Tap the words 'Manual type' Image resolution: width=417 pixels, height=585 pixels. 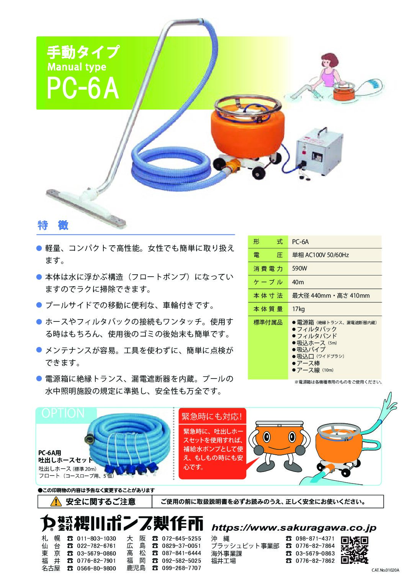[77, 67]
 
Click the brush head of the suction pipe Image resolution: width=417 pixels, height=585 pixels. [86, 207]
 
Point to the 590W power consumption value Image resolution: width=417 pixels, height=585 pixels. [299, 268]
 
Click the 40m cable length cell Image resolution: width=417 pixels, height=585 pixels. [298, 282]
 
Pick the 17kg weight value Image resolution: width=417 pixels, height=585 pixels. [298, 309]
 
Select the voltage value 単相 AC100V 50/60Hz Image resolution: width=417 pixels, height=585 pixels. [321, 255]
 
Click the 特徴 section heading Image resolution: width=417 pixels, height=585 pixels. [53, 225]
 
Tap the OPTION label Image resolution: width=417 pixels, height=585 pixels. [63, 413]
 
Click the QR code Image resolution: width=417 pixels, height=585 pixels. [355, 550]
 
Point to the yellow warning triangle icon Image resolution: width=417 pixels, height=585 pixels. [56, 501]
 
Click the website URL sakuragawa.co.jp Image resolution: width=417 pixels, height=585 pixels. [294, 528]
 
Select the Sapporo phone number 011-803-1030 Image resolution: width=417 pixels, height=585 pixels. [96, 539]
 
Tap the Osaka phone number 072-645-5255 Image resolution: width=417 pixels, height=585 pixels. [182, 539]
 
